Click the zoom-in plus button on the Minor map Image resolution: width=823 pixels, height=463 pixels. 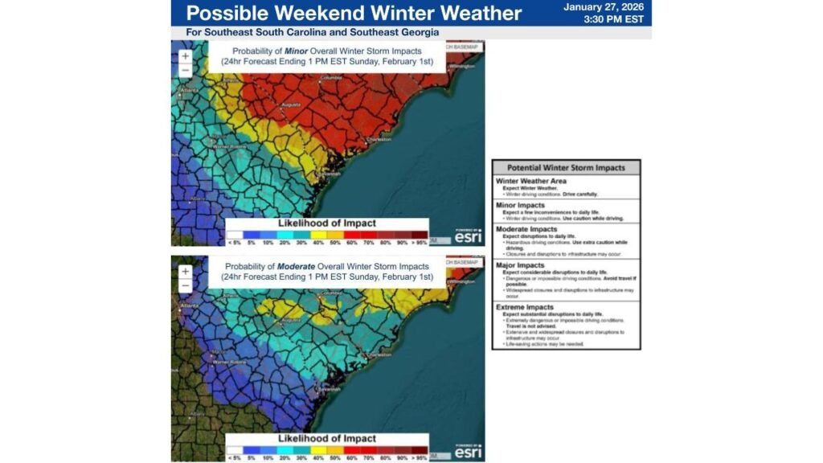[186, 56]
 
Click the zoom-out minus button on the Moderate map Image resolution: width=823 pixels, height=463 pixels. [186, 285]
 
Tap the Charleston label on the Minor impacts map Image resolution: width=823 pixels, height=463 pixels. [377, 139]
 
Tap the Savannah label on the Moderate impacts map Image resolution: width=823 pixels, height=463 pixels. [328, 387]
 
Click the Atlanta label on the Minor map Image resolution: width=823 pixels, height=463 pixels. [190, 90]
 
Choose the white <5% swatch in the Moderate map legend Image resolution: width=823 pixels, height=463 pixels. [233, 449]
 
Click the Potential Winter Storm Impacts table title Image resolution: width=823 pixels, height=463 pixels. [566, 168]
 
